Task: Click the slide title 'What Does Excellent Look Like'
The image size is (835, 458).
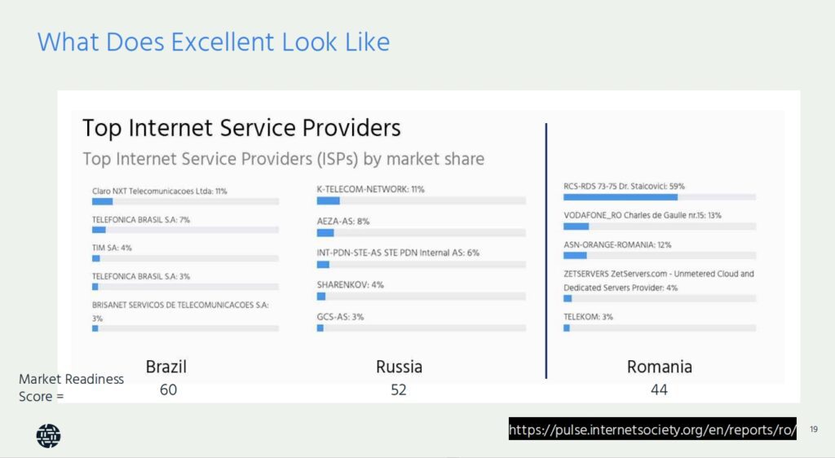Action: [x=214, y=42]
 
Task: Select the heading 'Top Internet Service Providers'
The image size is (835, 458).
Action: [x=241, y=128]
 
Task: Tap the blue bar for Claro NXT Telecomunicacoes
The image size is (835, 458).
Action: [x=102, y=201]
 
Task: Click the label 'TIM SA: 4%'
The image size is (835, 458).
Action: [x=112, y=248]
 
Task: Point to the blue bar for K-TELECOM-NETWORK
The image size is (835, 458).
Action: [x=328, y=200]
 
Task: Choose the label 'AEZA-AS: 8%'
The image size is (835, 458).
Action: [x=343, y=222]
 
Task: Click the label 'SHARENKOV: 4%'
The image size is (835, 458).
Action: [x=351, y=285]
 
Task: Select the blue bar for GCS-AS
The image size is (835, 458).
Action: [x=320, y=328]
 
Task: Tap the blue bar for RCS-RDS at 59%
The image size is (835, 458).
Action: [x=621, y=197]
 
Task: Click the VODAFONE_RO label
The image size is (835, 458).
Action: [x=643, y=215]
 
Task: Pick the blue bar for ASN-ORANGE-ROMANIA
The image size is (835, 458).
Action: [x=575, y=255]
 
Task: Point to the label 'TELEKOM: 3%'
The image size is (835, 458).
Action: [x=589, y=317]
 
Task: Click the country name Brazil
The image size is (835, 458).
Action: [x=166, y=367]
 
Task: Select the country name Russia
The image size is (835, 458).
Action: [x=399, y=367]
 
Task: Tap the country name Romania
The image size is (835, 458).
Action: [x=659, y=367]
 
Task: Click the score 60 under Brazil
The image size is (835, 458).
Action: [x=168, y=390]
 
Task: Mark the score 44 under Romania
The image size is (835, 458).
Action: [x=659, y=390]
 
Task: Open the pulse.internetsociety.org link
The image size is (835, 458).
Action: [x=652, y=429]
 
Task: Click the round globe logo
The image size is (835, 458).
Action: [x=48, y=436]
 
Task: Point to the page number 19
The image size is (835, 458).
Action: [x=814, y=429]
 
